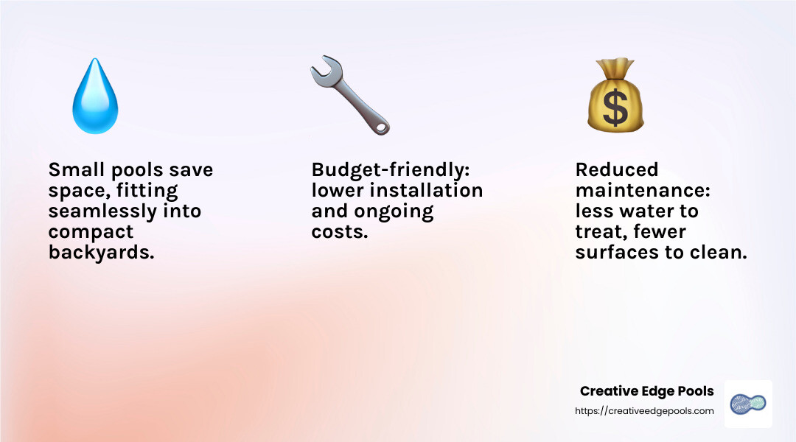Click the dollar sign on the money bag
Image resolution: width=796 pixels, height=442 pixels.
(615, 108)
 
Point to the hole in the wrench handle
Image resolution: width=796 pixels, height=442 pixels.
(380, 127)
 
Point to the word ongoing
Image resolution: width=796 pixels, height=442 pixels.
(399, 211)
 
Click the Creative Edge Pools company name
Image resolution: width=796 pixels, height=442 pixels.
(646, 391)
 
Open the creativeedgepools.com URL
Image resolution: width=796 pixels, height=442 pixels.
(644, 411)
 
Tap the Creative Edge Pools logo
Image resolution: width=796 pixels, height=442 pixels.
(747, 404)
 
